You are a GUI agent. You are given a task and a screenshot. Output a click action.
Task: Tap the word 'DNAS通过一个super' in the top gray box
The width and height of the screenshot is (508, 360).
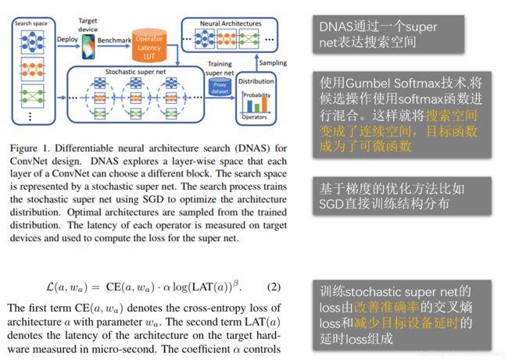[378, 27]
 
